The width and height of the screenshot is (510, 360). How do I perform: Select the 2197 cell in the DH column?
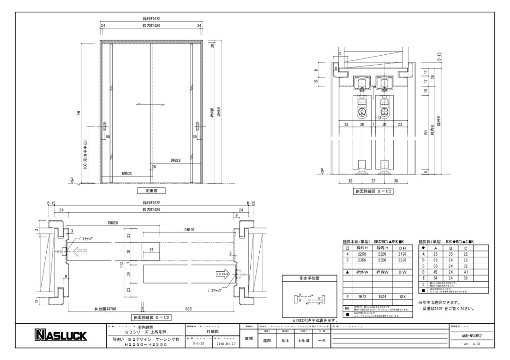(x=403, y=253)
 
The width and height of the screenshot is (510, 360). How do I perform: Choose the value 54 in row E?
(x=435, y=278)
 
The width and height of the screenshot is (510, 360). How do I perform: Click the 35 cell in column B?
(x=450, y=253)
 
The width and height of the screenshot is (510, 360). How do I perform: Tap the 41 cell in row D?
(x=465, y=272)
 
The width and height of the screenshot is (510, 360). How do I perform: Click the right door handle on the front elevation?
(x=196, y=127)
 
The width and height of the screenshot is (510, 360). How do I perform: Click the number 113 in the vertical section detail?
(x=378, y=118)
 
